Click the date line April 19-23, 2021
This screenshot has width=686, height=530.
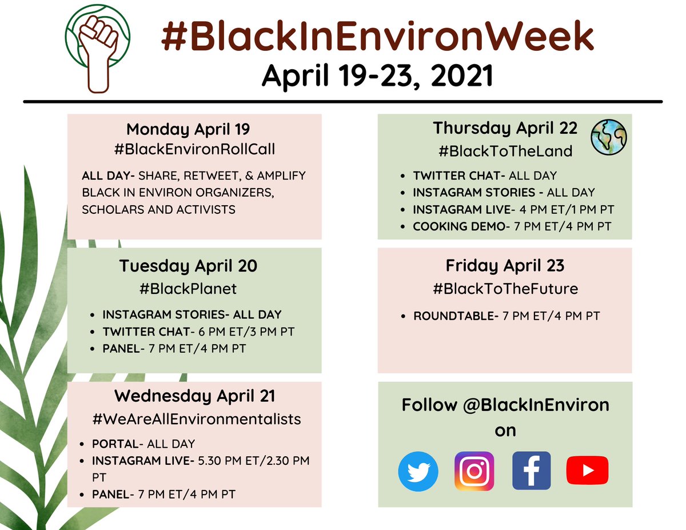(377, 76)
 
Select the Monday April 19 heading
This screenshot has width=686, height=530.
(188, 129)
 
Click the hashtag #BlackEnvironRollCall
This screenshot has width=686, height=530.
(194, 150)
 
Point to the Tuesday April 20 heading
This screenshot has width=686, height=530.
(188, 266)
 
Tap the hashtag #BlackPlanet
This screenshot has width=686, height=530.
(188, 289)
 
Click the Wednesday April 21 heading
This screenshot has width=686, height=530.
(194, 396)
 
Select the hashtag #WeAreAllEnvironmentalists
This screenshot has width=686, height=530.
(196, 419)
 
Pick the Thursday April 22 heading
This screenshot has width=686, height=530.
(505, 128)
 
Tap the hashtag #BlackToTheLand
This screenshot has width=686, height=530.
(505, 152)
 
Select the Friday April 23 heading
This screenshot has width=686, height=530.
(505, 266)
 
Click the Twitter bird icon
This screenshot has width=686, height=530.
(418, 472)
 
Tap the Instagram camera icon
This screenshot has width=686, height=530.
(474, 471)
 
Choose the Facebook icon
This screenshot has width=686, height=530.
(531, 471)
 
